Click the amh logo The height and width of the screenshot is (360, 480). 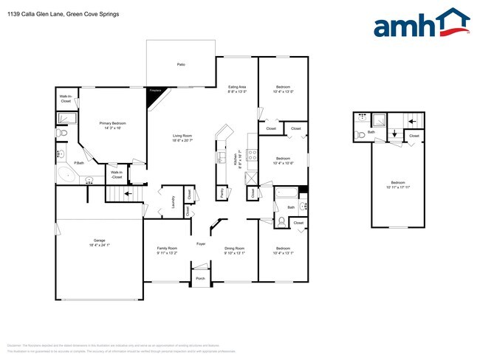421,24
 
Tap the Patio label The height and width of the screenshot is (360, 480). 180,65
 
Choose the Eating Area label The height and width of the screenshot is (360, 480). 236,87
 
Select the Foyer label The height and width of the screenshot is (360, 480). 201,243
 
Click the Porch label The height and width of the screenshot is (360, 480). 200,278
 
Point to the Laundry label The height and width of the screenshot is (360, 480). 172,201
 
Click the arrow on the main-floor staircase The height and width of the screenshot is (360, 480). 127,193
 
